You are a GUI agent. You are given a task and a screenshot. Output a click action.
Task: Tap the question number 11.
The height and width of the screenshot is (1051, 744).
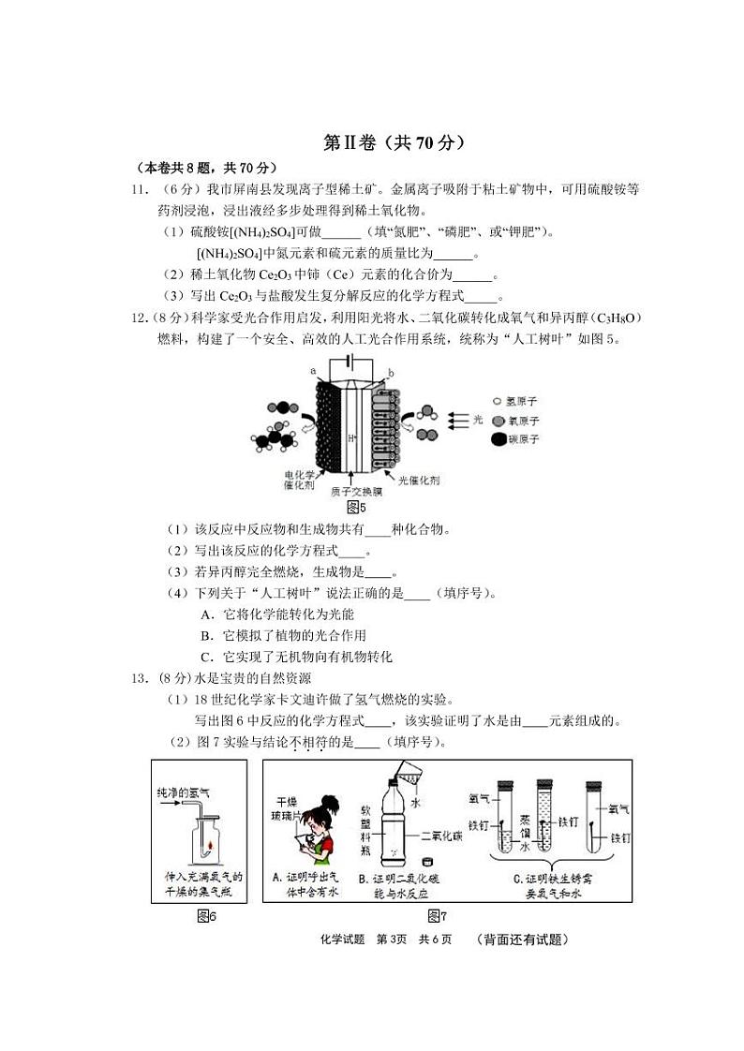[141, 189]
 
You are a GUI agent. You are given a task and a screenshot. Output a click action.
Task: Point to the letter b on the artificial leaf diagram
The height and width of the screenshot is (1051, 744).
[390, 373]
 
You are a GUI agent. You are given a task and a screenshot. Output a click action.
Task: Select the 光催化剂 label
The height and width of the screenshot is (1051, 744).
[419, 480]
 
